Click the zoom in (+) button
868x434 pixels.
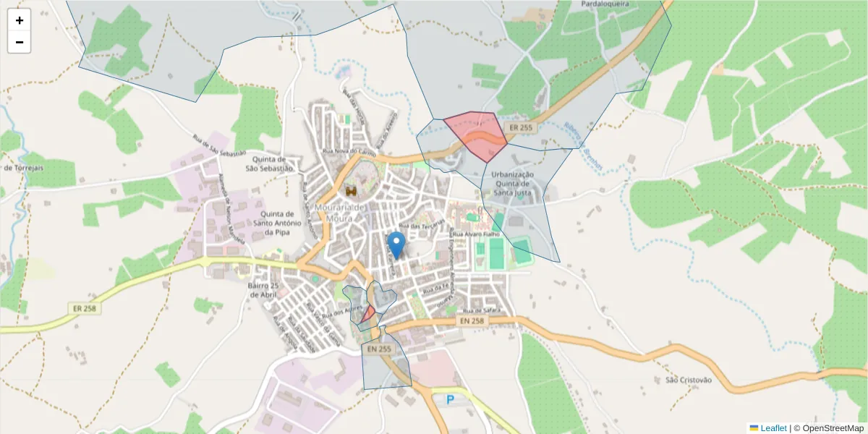click(20, 20)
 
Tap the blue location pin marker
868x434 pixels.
click(396, 244)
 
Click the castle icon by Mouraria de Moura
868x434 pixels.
click(352, 190)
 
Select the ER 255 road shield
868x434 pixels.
click(521, 127)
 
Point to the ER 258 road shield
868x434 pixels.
click(85, 308)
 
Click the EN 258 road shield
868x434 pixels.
click(472, 320)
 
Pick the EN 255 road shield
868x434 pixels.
click(378, 349)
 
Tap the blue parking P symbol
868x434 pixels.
click(451, 399)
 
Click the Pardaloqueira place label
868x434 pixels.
click(605, 4)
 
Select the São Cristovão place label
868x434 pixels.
click(689, 380)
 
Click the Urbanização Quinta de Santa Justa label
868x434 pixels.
click(512, 184)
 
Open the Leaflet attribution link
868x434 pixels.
click(773, 428)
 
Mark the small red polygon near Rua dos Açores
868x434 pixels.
click(368, 313)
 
